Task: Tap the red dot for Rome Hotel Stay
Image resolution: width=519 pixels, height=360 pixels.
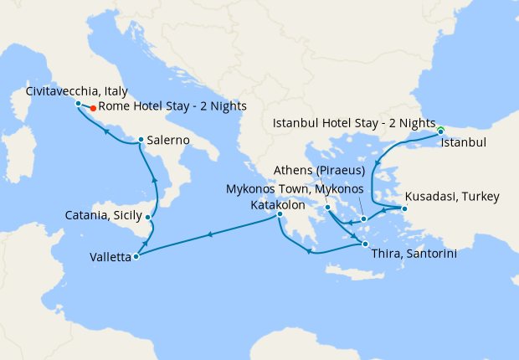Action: coord(92,107)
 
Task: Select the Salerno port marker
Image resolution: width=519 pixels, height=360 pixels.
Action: coord(141,140)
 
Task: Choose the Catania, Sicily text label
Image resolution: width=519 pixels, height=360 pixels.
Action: coord(103,216)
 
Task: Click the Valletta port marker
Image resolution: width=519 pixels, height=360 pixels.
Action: coord(136,256)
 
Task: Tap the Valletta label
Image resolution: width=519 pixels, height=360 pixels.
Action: coord(110,258)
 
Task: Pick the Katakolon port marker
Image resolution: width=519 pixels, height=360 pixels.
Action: coord(280,215)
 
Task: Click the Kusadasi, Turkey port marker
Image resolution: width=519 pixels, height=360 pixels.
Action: coord(404,208)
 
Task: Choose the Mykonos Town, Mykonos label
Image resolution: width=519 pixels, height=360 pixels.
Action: coord(295,188)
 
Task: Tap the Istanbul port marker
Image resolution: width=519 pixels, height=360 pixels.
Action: coord(440,131)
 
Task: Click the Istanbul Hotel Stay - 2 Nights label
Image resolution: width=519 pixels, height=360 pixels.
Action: coord(355,124)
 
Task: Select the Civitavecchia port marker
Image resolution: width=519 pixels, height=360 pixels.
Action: coord(78,104)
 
